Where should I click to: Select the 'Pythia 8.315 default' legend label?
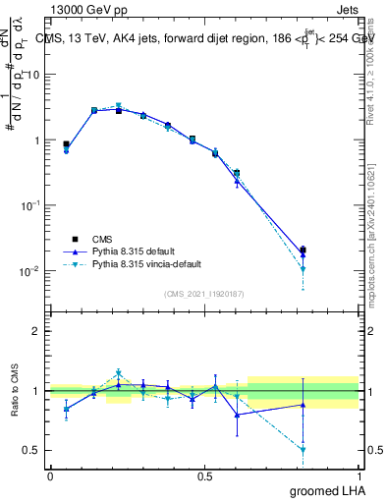[135, 251]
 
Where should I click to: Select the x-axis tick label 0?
[50, 476]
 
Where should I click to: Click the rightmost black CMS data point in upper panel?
[303, 250]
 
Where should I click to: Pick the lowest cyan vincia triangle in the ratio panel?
[303, 450]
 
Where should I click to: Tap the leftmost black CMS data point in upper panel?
[66, 143]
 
